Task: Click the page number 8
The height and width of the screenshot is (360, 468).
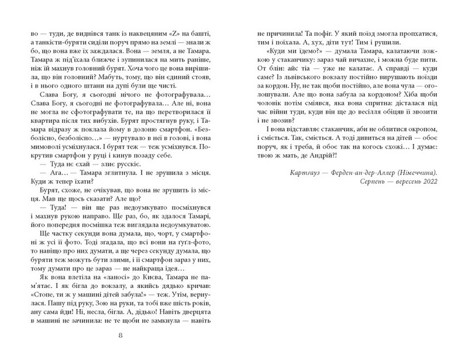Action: [x=120, y=335]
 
